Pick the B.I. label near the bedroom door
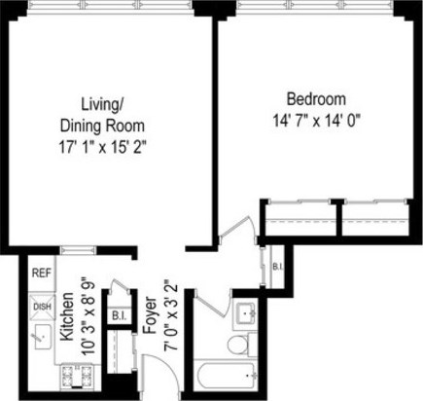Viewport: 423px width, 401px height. pos(276,267)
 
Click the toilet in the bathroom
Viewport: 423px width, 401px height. pos(238,344)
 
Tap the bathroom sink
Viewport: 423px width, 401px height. pos(244,313)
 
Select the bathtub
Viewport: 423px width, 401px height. pos(226,376)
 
